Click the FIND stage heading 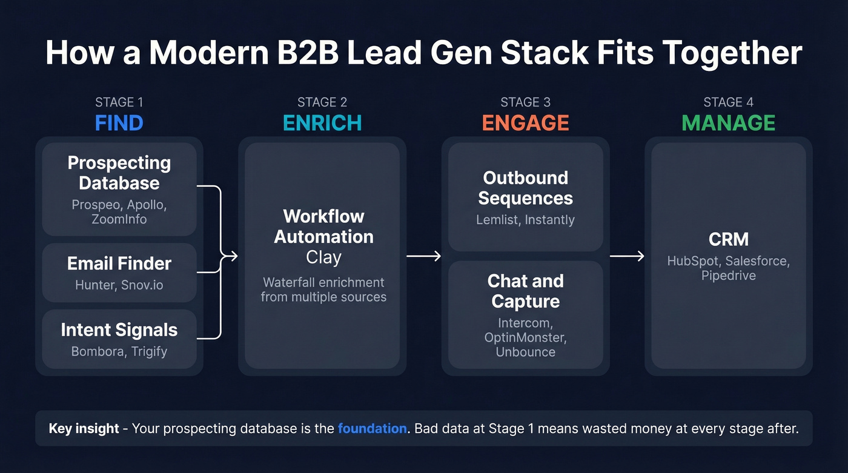coord(119,123)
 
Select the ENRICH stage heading coord(322,123)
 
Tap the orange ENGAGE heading coord(525,123)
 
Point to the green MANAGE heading coord(728,123)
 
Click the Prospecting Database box coord(119,189)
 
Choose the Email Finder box coord(119,272)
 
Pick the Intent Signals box coord(119,339)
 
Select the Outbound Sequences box coord(525,197)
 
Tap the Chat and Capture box coord(525,314)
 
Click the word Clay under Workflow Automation coord(323,257)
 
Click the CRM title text coord(728,240)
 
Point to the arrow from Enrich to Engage coord(423,256)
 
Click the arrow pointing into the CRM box coord(626,256)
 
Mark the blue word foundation coord(372,429)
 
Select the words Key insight coord(84,429)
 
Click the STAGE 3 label coord(525,102)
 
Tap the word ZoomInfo coord(119,219)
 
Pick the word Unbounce coord(525,352)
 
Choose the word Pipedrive coord(728,276)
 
